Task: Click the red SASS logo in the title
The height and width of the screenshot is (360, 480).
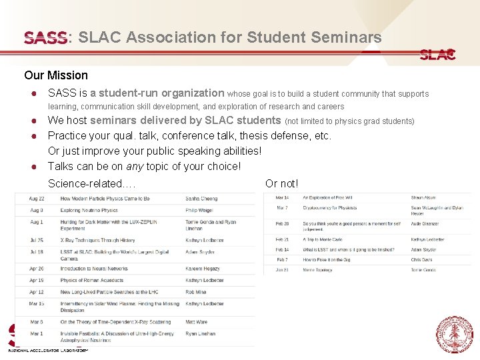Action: (x=45, y=37)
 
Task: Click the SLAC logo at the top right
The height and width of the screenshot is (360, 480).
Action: (x=437, y=55)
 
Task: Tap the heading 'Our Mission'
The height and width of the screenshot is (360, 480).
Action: (x=56, y=75)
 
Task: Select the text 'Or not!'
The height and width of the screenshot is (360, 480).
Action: (x=282, y=183)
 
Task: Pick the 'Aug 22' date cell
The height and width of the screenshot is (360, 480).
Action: (x=37, y=199)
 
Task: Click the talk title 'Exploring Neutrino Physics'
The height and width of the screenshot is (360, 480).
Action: (x=89, y=211)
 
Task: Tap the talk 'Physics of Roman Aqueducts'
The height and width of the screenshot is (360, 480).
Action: (x=92, y=281)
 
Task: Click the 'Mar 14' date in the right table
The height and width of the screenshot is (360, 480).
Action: (x=283, y=198)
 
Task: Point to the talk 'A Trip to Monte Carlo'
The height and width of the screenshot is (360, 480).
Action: (x=321, y=239)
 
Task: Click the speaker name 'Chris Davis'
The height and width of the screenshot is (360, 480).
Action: (x=421, y=260)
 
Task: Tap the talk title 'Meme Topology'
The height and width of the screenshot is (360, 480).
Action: (x=318, y=270)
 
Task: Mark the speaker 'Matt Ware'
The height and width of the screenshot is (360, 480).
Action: (x=196, y=322)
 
